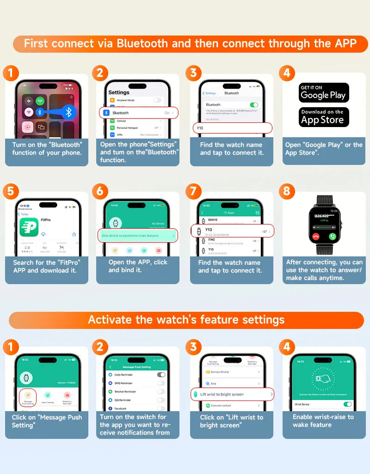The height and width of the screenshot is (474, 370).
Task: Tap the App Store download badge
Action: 323,117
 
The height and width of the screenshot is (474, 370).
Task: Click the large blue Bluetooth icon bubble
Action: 69,112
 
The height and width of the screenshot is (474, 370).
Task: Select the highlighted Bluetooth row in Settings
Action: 138,113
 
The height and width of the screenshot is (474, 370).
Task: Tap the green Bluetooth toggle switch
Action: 253,105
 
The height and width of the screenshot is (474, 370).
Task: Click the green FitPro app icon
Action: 29,227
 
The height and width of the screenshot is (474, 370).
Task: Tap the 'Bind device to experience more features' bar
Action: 138,236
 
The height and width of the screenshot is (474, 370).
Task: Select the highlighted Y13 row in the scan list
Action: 232,231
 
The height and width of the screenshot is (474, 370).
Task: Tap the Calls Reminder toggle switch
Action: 161,375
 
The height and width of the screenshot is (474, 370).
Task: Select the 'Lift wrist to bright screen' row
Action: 232,394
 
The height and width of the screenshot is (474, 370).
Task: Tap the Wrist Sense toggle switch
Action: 347,404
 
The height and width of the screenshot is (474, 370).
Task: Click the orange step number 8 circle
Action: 287,191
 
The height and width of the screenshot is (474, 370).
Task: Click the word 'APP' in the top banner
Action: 345,43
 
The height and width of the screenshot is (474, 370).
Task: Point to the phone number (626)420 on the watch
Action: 323,216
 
